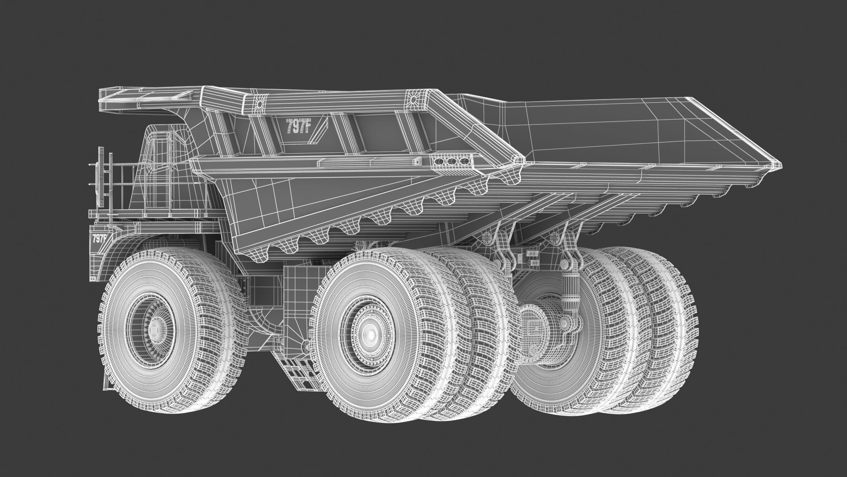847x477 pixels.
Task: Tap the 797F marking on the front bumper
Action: (99, 238)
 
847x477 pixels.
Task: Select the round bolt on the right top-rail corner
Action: (413, 98)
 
